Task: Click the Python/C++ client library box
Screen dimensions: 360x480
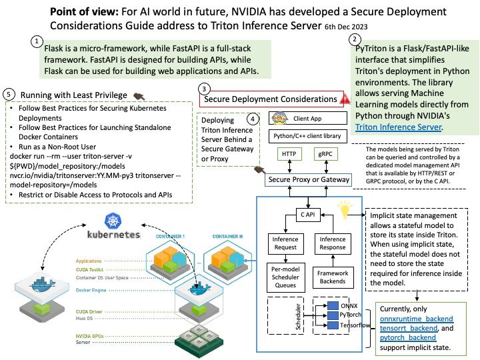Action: (307, 136)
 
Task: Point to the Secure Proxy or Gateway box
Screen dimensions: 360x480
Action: (308, 179)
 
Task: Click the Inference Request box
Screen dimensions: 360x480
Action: (285, 243)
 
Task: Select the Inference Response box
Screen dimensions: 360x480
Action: (333, 243)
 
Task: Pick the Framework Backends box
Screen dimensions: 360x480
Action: (333, 277)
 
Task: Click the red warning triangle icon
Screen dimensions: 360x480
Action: (345, 99)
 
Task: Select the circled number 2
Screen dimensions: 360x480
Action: (354, 39)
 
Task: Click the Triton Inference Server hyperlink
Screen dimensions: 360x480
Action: (398, 127)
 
